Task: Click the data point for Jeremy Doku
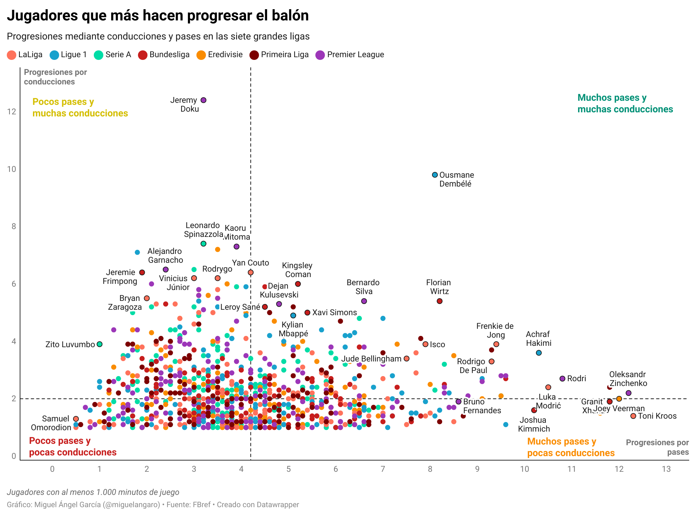(204, 100)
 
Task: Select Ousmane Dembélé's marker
(435, 175)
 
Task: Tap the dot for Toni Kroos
(633, 416)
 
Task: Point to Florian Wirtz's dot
(439, 301)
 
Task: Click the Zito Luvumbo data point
(100, 344)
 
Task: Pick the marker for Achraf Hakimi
(539, 353)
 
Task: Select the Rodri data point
(562, 378)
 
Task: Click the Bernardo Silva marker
(364, 301)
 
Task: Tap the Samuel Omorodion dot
(76, 419)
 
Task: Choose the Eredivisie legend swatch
(201, 55)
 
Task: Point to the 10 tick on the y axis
(12, 169)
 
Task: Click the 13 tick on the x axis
(666, 469)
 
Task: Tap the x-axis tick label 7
(383, 469)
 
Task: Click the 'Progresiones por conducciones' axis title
(55, 77)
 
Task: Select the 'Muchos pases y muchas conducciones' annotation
(625, 103)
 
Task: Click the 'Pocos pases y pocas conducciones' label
(73, 447)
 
